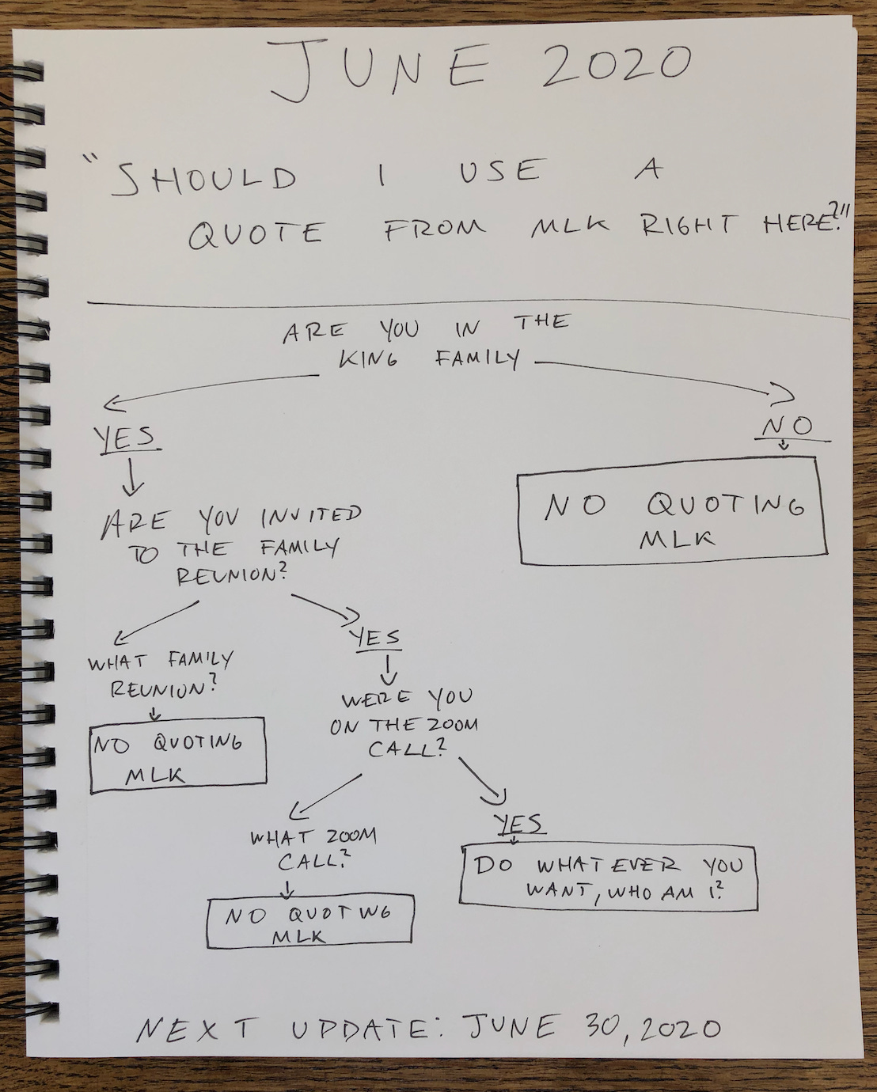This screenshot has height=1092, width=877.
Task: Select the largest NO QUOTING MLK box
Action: pos(673,510)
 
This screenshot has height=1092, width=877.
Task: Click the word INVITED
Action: pos(310,517)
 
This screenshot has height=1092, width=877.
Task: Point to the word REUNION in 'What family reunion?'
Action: pos(162,688)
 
